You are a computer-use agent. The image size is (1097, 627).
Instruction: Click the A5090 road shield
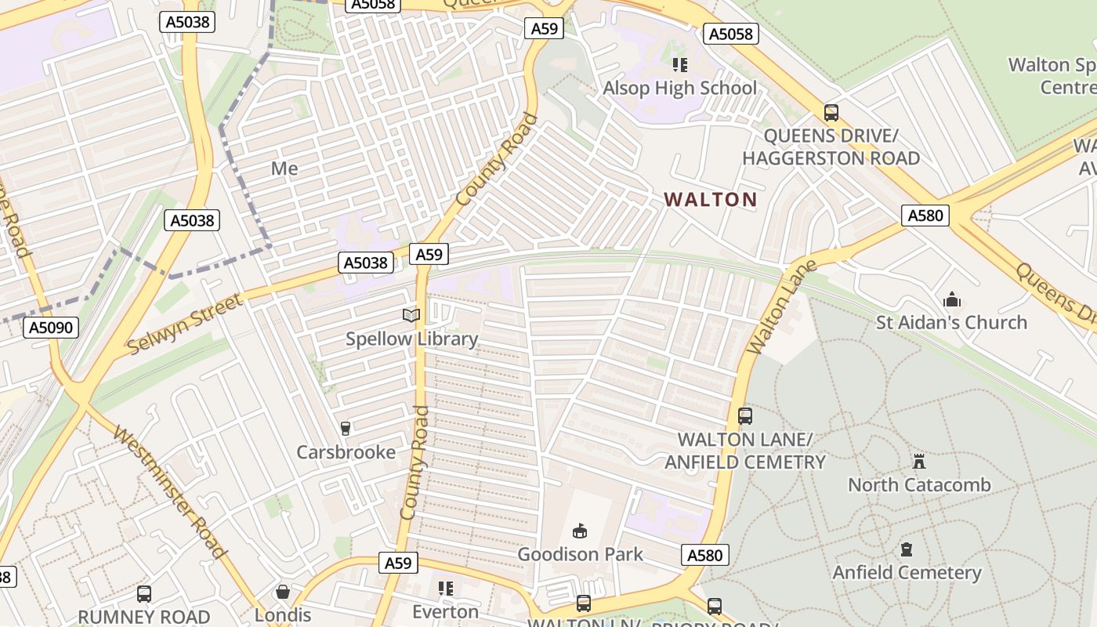pyautogui.click(x=52, y=327)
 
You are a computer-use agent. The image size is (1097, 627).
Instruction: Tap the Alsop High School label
pyautogui.click(x=679, y=88)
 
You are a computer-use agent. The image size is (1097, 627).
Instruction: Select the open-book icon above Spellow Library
pyautogui.click(x=411, y=316)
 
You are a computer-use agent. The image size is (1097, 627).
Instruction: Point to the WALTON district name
pyautogui.click(x=711, y=199)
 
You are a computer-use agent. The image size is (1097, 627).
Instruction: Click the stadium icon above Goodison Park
pyautogui.click(x=580, y=531)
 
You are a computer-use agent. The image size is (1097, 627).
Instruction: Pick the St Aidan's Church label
pyautogui.click(x=951, y=322)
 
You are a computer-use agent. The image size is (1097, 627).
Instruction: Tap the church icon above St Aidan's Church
pyautogui.click(x=952, y=299)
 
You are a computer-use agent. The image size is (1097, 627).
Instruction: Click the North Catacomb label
pyautogui.click(x=919, y=484)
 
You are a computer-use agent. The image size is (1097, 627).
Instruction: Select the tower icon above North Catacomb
pyautogui.click(x=919, y=462)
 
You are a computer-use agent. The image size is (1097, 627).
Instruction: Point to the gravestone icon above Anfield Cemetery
pyautogui.click(x=907, y=549)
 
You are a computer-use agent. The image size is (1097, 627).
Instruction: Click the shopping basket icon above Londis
pyautogui.click(x=282, y=593)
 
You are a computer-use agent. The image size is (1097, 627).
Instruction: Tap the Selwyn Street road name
pyautogui.click(x=185, y=324)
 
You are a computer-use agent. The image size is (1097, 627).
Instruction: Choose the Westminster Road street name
pyautogui.click(x=169, y=491)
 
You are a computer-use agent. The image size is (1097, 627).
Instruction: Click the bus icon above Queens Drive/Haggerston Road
pyautogui.click(x=831, y=113)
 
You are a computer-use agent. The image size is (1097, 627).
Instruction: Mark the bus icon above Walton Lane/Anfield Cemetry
pyautogui.click(x=745, y=416)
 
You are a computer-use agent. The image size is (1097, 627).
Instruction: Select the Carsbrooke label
pyautogui.click(x=346, y=452)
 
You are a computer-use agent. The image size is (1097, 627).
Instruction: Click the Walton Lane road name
pyautogui.click(x=780, y=307)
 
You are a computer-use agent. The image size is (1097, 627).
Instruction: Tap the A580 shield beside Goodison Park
pyautogui.click(x=704, y=555)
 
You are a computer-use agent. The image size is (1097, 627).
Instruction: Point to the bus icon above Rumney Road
pyautogui.click(x=144, y=594)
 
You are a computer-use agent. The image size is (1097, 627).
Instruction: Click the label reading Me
pyautogui.click(x=284, y=169)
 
